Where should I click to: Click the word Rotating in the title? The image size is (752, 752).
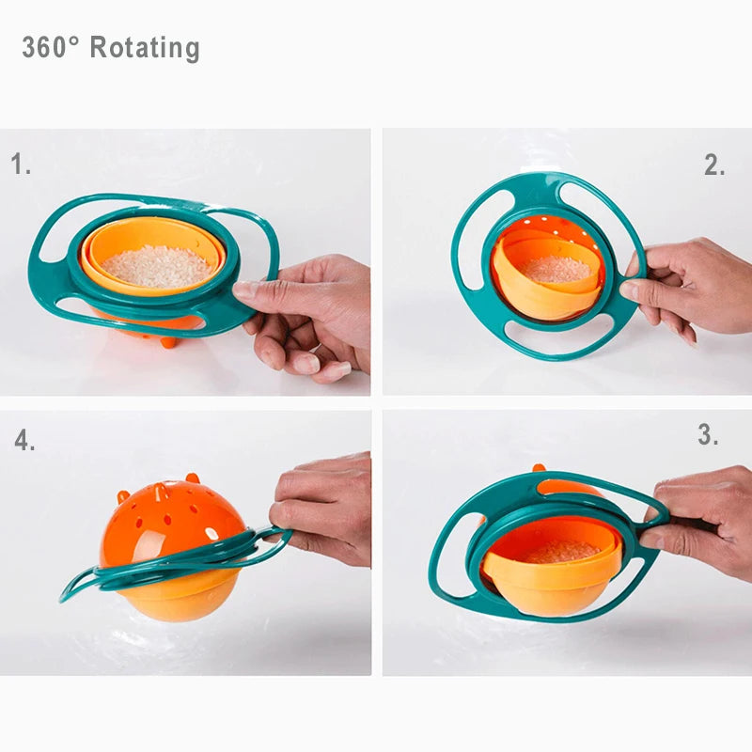145,48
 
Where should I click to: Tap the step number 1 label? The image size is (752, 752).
21,165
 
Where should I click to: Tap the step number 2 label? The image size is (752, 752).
714,165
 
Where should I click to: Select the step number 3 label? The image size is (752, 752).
708,435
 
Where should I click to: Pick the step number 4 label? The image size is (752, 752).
24,441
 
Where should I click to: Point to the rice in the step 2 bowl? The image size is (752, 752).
556,270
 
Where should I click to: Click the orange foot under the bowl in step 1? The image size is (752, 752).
168,341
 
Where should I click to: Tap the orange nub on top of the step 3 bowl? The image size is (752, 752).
539,468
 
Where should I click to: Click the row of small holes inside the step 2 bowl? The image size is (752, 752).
550,229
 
